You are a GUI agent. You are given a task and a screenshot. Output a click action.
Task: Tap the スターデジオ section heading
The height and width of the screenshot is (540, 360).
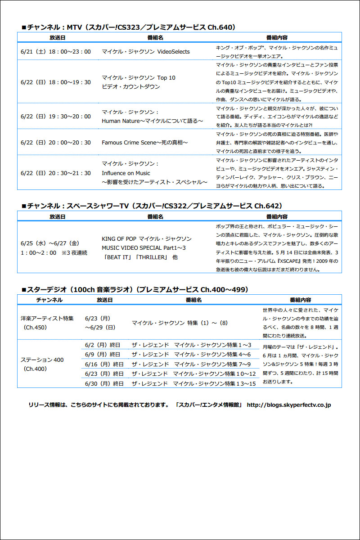135,289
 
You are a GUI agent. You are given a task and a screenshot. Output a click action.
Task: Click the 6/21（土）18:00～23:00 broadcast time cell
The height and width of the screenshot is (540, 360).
56,52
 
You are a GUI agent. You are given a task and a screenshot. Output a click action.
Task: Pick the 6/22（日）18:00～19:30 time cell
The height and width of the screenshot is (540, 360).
56,82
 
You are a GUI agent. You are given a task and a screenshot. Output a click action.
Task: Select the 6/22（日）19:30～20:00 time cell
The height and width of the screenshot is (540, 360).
56,117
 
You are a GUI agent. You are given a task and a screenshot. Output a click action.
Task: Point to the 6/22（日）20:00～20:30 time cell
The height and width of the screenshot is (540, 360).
56,143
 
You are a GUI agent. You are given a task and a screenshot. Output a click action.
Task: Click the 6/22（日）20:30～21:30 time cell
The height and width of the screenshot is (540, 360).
56,173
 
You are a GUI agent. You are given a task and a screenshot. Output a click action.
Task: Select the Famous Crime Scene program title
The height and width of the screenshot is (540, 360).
144,143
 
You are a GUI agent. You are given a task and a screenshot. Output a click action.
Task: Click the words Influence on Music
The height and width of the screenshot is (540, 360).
126,173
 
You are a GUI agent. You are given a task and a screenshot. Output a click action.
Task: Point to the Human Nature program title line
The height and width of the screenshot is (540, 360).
153,121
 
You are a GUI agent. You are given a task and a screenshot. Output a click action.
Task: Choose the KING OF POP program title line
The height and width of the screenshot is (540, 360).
147,238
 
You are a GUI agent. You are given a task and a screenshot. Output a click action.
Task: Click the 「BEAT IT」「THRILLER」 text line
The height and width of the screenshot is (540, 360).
140,256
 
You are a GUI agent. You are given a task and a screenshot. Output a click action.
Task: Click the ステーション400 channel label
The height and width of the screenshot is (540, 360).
42,360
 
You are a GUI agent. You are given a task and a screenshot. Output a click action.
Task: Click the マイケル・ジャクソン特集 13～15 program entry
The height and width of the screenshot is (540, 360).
193,383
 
